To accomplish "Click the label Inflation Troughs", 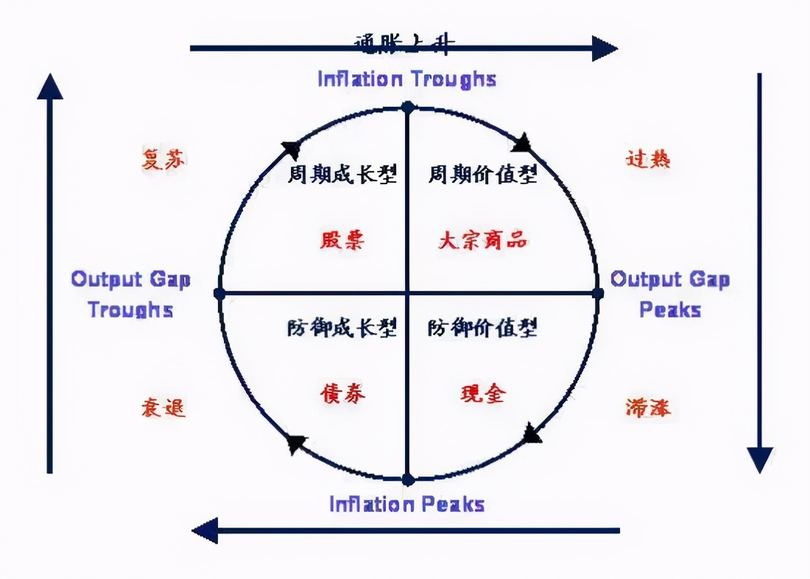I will click(406, 79).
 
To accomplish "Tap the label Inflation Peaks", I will click(406, 505).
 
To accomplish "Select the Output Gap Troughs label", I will click(130, 294).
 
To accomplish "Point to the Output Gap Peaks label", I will click(670, 294).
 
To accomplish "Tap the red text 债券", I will click(342, 393).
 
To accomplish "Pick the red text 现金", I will click(482, 393).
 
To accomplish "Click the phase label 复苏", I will click(163, 159).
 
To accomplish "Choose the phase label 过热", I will click(648, 159).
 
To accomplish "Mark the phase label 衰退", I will click(163, 407).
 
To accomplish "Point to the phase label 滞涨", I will click(648, 407).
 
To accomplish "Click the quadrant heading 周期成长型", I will click(342, 175).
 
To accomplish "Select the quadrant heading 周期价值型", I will click(482, 175).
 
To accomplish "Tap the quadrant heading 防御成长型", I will click(342, 327).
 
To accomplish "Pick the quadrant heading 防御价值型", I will click(482, 327).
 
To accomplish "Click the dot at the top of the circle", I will click(407, 108).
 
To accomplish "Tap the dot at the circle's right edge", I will click(597, 293).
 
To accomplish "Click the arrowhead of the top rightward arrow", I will click(605, 49).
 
